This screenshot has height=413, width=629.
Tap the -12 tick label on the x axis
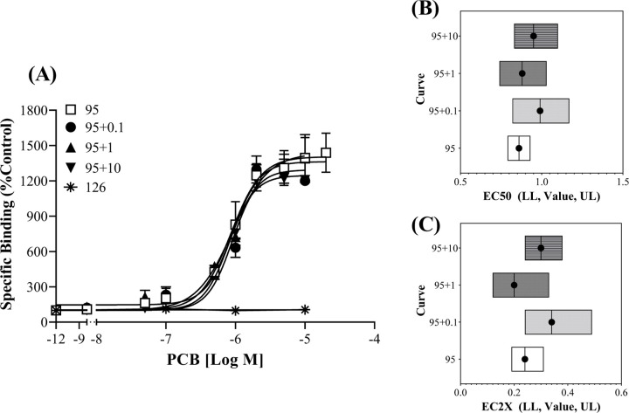point(56,335)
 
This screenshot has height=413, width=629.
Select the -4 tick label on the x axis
point(375,335)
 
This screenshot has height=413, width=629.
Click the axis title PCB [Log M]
point(216,358)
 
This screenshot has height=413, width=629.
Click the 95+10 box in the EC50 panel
point(535,36)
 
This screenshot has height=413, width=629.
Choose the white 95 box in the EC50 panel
point(519,148)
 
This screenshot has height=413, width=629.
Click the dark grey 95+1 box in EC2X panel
point(520,285)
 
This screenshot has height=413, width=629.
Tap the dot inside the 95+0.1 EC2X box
point(551,322)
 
